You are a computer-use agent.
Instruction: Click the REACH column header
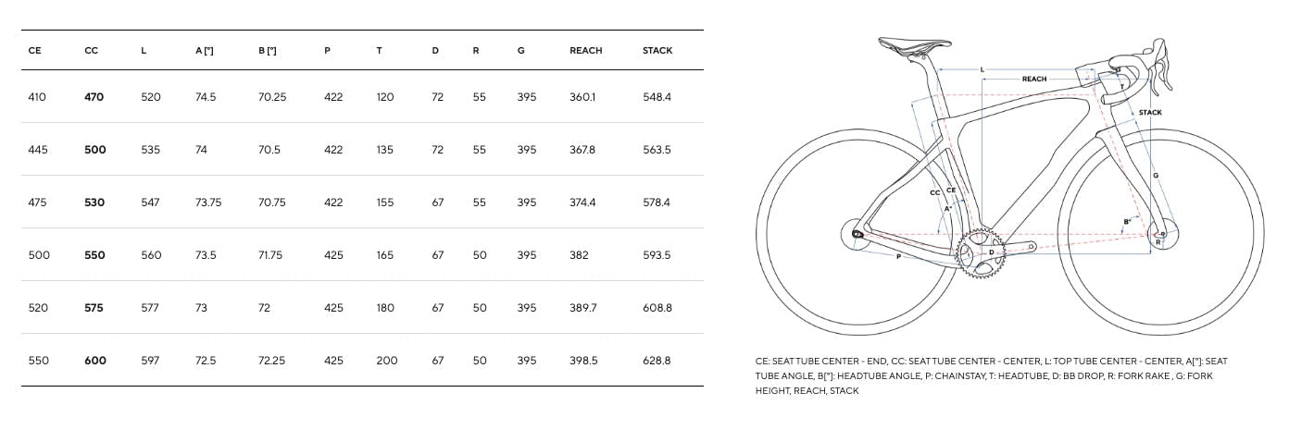[586, 51]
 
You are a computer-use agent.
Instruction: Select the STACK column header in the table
[657, 51]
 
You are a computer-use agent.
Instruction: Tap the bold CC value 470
[94, 97]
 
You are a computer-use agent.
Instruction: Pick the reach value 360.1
[582, 97]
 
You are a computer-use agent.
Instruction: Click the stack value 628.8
[657, 361]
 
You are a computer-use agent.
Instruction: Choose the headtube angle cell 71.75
[270, 255]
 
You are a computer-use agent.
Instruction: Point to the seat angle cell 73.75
[208, 203]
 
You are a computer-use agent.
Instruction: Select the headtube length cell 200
[387, 361]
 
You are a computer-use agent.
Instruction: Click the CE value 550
[39, 361]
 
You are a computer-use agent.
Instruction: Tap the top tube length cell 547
[150, 203]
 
